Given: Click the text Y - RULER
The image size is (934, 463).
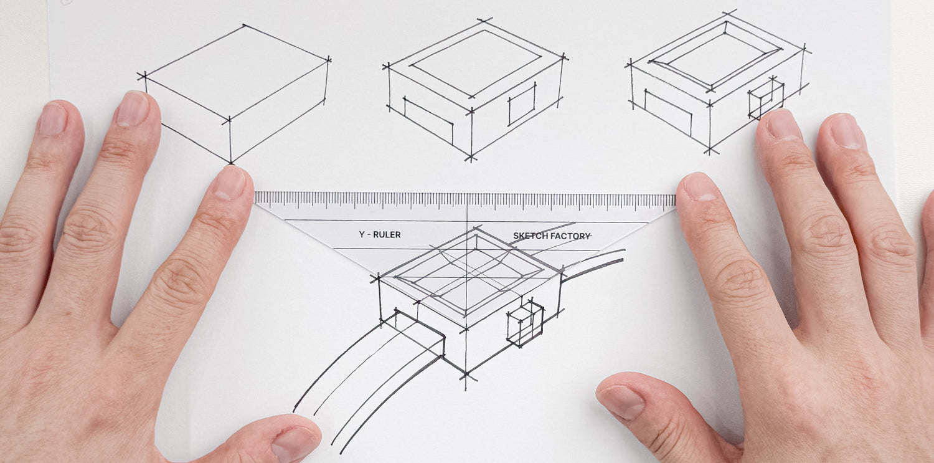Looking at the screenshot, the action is tap(380, 234).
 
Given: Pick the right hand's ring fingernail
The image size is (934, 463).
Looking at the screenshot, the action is tap(845, 132).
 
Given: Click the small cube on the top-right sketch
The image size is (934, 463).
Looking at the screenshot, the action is tap(766, 98).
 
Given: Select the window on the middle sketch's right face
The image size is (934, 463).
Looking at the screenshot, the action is tap(522, 104).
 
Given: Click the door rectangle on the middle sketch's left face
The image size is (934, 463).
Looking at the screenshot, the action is tap(428, 121).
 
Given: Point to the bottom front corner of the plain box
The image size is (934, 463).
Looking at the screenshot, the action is tap(230, 163).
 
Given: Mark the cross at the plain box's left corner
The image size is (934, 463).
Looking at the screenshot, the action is tap(144, 76).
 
